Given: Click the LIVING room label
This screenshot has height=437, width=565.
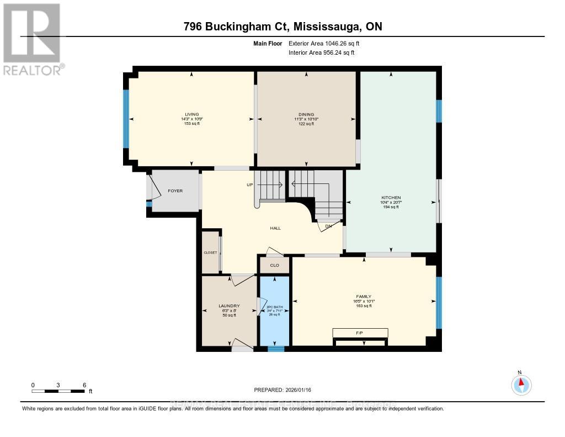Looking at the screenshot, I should click(x=192, y=114).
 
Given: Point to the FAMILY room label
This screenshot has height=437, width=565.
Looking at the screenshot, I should click(x=364, y=296).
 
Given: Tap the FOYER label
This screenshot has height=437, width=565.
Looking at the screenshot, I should click(x=175, y=191).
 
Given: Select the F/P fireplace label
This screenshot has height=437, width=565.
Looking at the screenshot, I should click(x=360, y=333).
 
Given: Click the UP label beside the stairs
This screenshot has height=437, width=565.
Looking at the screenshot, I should click(x=249, y=185).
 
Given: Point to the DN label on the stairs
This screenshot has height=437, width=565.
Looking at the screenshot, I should click(x=328, y=226).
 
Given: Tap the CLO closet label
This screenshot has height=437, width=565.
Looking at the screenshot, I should click(x=275, y=265).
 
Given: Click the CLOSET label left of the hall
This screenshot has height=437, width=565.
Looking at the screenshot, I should click(x=210, y=252).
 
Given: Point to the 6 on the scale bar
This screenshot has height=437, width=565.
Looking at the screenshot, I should click(x=84, y=385).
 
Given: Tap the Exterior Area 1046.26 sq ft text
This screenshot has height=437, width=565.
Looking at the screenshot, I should click(x=328, y=43).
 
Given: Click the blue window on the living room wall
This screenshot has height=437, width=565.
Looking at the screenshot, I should click(x=126, y=119).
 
